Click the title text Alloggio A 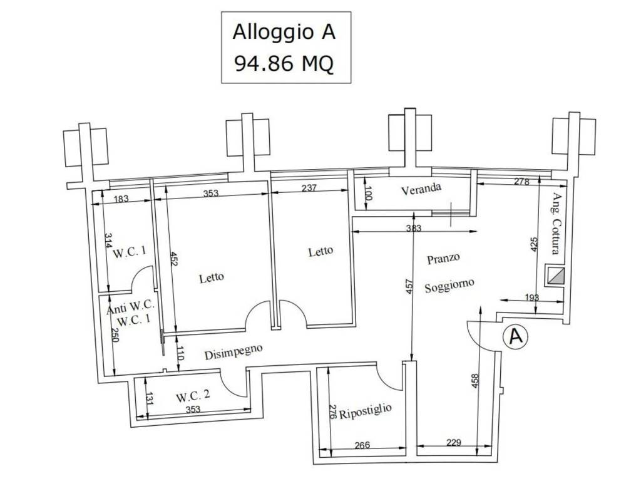[284, 32]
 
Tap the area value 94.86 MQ [284, 63]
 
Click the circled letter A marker [516, 336]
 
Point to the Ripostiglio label [366, 414]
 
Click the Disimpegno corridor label [233, 353]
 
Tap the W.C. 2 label [193, 396]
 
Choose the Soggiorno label [449, 286]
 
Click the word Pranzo [444, 257]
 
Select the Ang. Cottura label [555, 224]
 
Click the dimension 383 [413, 228]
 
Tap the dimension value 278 [521, 182]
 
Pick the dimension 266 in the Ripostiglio [362, 446]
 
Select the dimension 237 [309, 187]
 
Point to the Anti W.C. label [130, 309]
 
